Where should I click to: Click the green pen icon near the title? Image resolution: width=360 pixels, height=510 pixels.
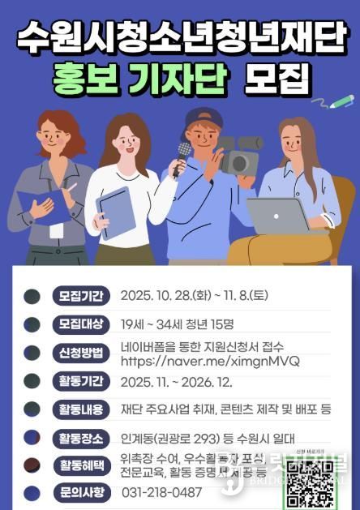click(341, 101)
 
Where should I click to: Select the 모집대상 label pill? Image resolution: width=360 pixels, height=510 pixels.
click(79, 324)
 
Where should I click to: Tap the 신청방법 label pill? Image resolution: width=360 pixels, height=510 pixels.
click(79, 354)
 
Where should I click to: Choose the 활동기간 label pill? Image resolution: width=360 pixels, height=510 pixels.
click(79, 381)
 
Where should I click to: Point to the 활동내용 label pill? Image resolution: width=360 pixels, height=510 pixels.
click(79, 409)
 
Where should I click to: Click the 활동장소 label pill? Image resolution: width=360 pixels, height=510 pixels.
click(79, 439)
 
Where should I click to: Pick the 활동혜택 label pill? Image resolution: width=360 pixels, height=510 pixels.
click(79, 465)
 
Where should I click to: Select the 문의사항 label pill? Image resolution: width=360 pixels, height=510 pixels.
click(79, 492)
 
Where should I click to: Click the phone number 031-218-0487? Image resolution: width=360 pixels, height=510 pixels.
click(162, 492)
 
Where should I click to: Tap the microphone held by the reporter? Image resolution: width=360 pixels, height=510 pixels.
click(184, 151)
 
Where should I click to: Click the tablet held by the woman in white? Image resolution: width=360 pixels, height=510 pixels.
click(116, 212)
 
